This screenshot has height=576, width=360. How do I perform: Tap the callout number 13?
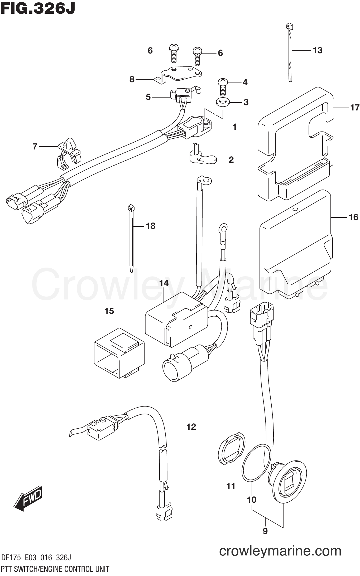click(318, 50)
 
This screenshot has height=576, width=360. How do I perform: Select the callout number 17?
click(355, 108)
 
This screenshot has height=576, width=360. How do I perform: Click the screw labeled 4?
click(223, 87)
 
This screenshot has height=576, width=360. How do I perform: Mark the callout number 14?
click(164, 283)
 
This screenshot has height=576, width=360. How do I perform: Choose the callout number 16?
click(353, 217)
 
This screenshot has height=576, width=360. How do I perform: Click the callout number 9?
click(265, 531)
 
